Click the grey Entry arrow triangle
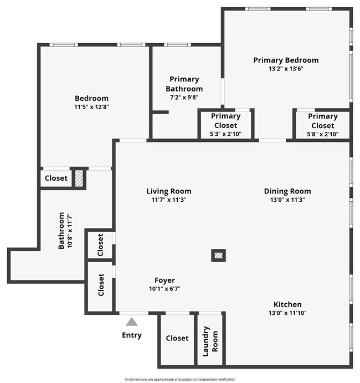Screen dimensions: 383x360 point(131,321)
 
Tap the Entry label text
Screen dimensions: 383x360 point(132,335)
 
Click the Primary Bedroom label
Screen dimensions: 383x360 point(286,60)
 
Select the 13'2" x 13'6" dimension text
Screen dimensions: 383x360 point(286,69)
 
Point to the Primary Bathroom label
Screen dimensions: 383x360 point(184,84)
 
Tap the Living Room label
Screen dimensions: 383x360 point(169,191)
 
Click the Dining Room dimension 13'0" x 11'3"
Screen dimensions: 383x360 point(287,200)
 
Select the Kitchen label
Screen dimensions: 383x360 point(287,304)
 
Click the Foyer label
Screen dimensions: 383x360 point(164,280)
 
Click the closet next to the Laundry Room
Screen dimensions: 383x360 point(177,338)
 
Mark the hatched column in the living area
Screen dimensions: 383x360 point(219,256)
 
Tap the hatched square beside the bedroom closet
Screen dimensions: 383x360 point(79,178)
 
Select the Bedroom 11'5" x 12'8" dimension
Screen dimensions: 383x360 point(92,107)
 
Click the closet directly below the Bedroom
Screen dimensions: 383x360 point(56,178)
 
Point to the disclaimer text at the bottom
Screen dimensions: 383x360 point(180,379)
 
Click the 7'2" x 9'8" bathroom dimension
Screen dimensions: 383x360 point(184,97)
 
